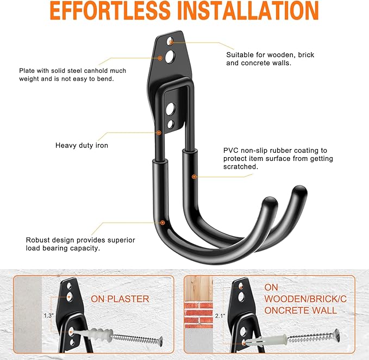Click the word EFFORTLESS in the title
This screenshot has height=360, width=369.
[110, 11]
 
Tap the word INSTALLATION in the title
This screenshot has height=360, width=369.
[248, 11]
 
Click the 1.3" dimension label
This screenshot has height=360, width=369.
[49, 315]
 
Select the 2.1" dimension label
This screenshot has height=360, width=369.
[220, 316]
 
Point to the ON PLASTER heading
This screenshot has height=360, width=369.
[120, 299]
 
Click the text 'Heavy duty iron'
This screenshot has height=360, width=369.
[82, 145]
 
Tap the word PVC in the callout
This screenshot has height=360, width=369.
[231, 150]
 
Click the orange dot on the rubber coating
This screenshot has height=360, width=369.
[194, 177]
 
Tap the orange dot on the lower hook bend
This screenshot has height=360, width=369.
[162, 222]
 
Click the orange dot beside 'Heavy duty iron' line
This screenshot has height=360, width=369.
[159, 133]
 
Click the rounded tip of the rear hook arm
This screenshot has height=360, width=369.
[299, 191]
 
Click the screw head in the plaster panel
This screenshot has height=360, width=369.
[161, 341]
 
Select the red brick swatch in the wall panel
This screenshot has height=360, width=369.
[198, 313]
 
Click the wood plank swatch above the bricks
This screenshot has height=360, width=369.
[198, 289]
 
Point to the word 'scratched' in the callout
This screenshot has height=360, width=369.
[240, 167]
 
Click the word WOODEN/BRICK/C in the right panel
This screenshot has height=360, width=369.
[305, 299]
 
